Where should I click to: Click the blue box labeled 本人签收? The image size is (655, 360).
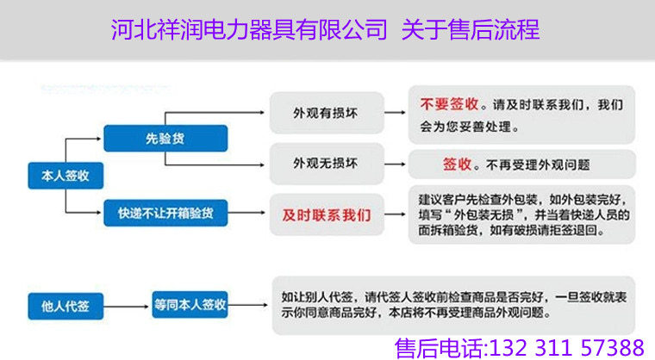65,177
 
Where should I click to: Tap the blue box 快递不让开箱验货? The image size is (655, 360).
165,213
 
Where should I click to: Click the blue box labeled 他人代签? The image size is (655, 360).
65,304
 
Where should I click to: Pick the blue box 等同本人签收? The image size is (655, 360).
190,304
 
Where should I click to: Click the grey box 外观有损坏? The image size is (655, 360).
325,114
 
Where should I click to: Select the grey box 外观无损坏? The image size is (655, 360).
325,162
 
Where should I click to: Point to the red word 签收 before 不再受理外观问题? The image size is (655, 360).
458,163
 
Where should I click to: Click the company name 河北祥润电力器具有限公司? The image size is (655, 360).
249,30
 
